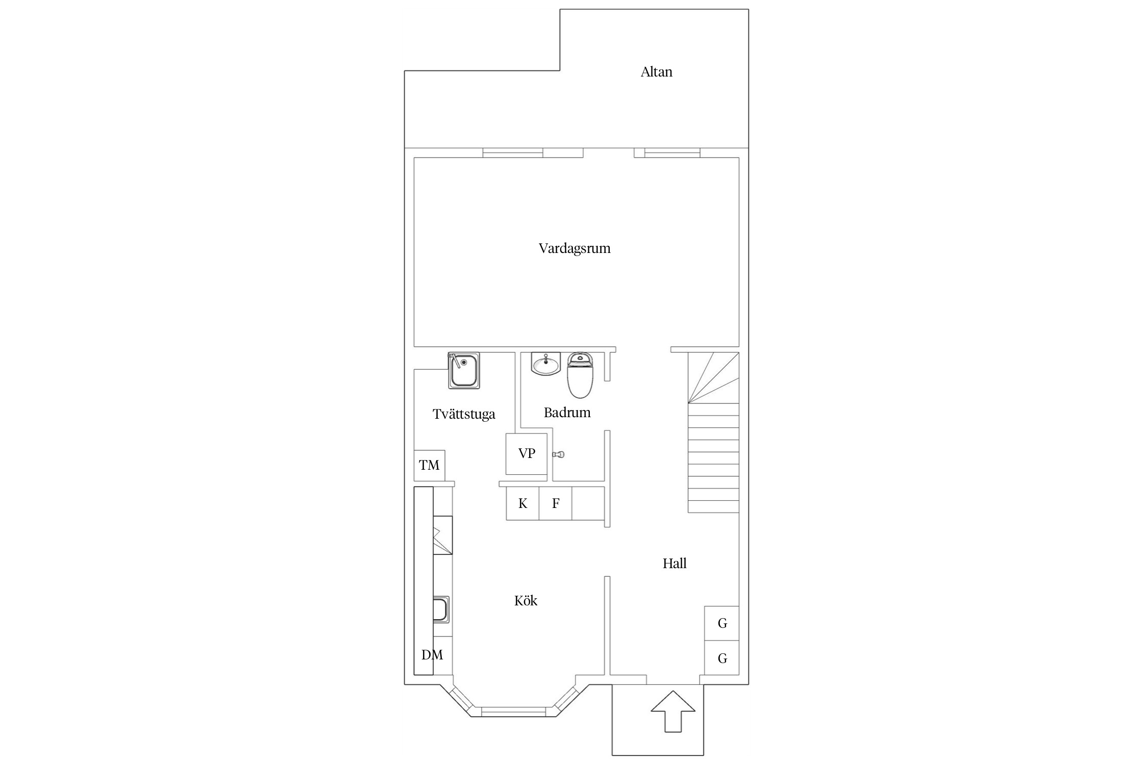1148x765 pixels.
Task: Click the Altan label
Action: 656,72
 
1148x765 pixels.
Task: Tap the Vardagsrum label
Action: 575,249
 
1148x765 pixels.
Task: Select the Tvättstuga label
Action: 464,414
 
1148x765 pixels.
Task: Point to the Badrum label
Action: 567,413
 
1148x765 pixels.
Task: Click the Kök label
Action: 526,600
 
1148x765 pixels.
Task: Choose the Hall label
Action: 675,563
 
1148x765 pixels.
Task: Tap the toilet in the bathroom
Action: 581,375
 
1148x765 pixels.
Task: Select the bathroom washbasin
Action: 545,364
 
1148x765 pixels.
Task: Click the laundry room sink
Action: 464,370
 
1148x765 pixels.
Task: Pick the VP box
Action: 527,454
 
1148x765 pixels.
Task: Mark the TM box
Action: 429,465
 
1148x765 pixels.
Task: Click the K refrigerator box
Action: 522,503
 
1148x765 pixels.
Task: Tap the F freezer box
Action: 556,503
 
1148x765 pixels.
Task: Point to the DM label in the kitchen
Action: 432,655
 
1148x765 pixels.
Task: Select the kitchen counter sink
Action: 441,610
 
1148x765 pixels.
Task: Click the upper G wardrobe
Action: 722,623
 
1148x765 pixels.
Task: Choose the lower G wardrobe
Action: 722,658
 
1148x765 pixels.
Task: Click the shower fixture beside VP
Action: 559,454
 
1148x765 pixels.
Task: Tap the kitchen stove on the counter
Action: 443,535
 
